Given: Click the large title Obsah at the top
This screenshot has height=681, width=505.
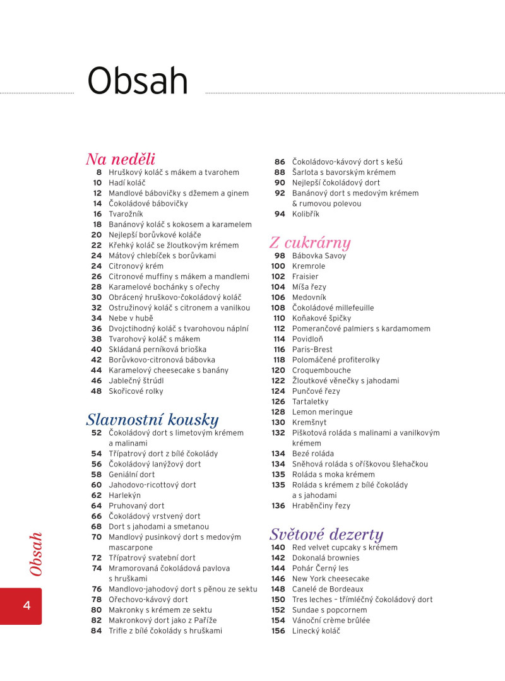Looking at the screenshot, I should click(138, 81).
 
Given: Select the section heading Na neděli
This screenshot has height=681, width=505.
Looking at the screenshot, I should click(121, 159).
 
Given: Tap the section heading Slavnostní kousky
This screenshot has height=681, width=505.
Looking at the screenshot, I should click(152, 420).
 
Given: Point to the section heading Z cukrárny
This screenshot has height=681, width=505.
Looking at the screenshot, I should click(310, 243).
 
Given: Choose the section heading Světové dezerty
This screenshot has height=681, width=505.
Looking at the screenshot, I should click(326, 535).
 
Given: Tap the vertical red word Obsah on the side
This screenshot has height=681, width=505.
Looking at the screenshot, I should click(36, 554).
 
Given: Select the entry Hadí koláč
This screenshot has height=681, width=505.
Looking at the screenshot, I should click(127, 182).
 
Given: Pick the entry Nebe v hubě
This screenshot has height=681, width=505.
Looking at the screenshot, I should click(131, 318).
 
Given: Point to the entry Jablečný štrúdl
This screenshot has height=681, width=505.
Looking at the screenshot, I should click(136, 381).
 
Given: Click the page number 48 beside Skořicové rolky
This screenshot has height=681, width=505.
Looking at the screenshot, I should click(96, 391).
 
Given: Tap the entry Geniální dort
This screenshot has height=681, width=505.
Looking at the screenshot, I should click(131, 475).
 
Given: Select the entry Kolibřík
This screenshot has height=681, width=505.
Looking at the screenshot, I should click(306, 214).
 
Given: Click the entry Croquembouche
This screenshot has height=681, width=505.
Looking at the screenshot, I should click(321, 370).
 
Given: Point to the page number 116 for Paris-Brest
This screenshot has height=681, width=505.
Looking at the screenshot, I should click(279, 350).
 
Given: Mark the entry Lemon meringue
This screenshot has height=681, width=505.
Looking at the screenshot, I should click(322, 412).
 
